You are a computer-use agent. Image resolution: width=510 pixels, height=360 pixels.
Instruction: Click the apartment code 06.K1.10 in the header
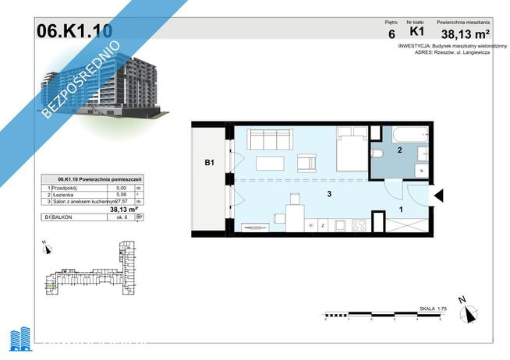pos(74,30)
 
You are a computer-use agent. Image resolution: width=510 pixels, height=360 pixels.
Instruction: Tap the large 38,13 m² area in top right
pos(465,34)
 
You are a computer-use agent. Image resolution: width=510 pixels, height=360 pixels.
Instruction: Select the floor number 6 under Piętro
pos(391,34)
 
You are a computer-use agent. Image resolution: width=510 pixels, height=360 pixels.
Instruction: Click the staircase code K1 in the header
pos(416,33)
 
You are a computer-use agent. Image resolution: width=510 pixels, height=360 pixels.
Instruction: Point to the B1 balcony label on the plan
pos(209,163)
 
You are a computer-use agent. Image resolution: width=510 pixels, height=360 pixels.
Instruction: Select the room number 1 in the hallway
pos(401,208)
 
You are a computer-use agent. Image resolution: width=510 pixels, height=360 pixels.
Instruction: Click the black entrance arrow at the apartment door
pos(438,196)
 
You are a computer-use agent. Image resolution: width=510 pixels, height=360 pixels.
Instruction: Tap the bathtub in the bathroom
pos(401,132)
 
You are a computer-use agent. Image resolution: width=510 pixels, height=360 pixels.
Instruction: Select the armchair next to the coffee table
pos(307,164)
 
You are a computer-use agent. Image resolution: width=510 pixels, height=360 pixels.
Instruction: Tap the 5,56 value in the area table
pos(120,195)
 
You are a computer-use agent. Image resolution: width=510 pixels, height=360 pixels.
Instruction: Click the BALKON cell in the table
pos(66,218)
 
